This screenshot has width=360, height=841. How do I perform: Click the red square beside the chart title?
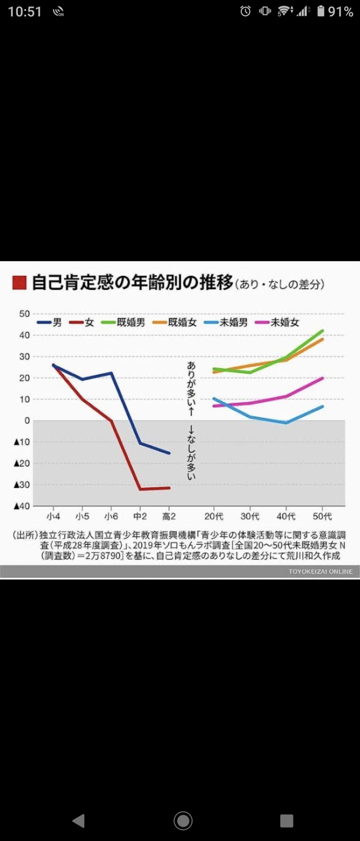tap(20, 282)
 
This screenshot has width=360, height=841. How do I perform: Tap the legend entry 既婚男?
tap(131, 322)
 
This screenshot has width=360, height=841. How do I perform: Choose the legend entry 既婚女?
tap(182, 322)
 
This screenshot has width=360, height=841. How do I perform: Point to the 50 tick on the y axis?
tap(24, 313)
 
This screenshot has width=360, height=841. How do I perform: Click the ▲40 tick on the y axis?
tap(21, 506)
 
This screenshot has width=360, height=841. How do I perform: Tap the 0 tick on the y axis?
tap(26, 420)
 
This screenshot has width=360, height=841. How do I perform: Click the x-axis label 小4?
tap(55, 516)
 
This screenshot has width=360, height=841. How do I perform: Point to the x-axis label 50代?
tap(322, 516)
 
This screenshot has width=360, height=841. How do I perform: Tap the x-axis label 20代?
tap(213, 516)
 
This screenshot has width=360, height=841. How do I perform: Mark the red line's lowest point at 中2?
tap(139, 489)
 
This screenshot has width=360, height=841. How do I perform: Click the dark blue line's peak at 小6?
tap(111, 373)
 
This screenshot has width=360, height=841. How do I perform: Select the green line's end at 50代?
tap(323, 330)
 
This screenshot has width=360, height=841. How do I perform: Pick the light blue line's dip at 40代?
tap(286, 422)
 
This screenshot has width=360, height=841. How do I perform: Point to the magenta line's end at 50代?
tap(323, 378)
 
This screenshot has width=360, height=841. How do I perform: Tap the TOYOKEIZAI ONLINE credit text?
tap(321, 572)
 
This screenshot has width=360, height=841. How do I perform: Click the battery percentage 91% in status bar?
tap(340, 12)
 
